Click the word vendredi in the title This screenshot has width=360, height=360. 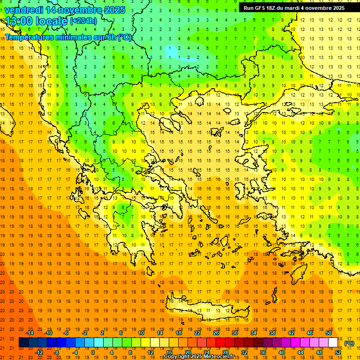click(24, 10)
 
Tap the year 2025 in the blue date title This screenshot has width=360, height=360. click(112, 10)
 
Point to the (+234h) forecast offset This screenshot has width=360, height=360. click(83, 21)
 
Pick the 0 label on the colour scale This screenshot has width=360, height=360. click(93, 352)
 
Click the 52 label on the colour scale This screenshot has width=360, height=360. click(338, 352)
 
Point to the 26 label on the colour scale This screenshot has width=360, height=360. click(216, 332)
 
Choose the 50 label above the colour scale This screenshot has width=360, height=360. click(328, 332)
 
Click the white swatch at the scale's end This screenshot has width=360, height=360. click(333, 343)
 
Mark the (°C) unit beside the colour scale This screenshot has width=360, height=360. click(349, 343)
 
